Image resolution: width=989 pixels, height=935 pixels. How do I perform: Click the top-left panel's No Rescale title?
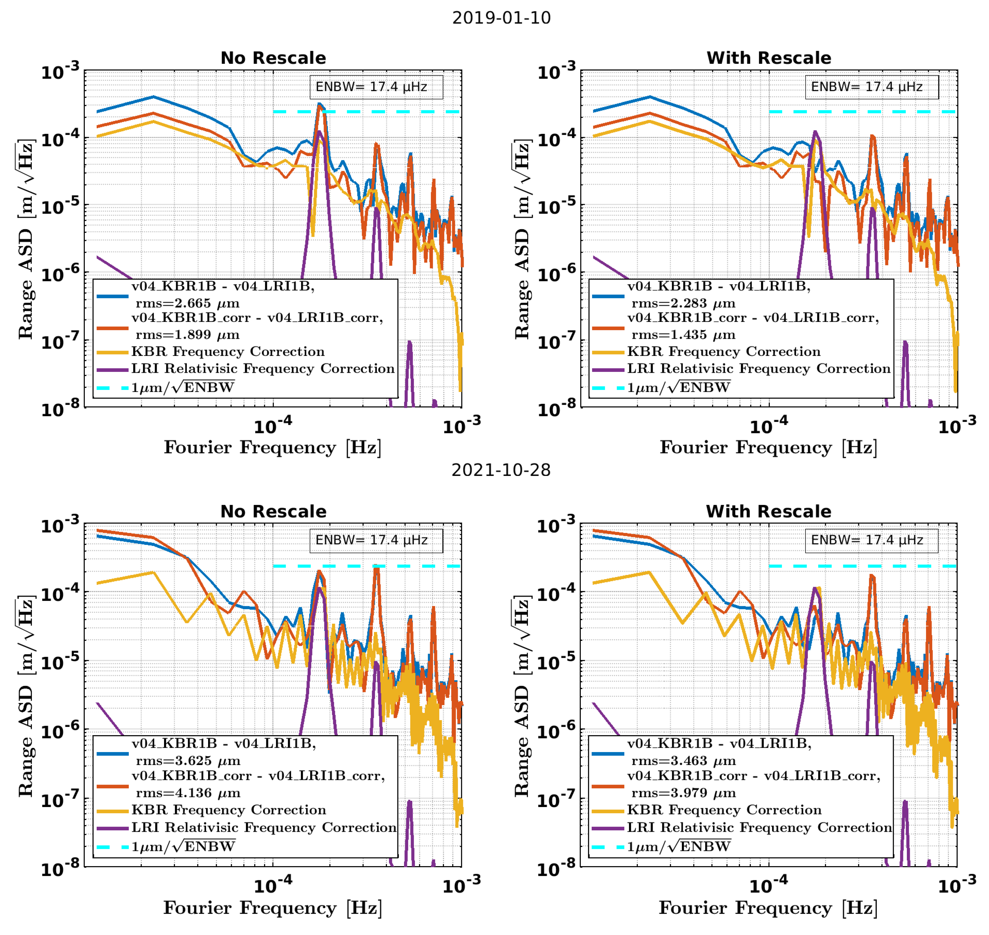click(x=273, y=58)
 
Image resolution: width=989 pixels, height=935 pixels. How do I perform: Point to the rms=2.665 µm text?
click(x=187, y=303)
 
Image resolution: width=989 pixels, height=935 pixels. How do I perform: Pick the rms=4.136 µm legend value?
click(x=188, y=793)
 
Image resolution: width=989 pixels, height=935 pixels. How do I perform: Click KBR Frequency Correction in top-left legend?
click(x=228, y=351)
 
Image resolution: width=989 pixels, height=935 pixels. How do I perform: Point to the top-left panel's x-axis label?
click(x=273, y=448)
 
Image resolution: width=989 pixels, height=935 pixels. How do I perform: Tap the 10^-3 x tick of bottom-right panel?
click(x=956, y=886)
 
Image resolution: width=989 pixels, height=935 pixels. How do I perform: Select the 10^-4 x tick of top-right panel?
click(x=769, y=426)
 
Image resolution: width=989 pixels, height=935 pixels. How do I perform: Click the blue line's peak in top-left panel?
click(x=153, y=97)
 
